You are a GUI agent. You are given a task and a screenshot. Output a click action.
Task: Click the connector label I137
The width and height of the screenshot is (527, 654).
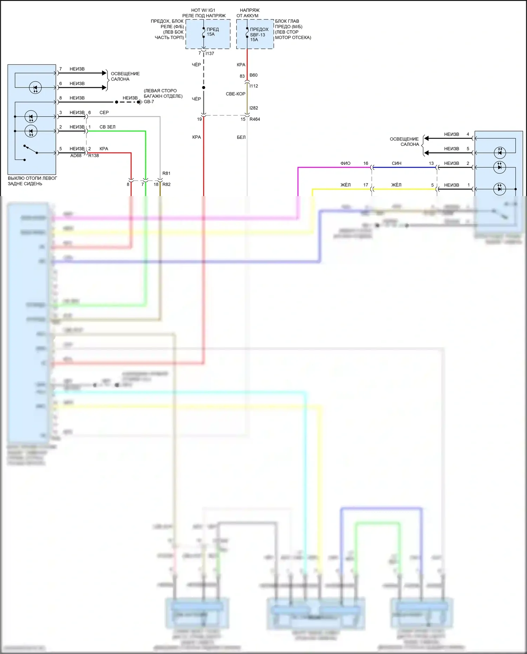pos(210,53)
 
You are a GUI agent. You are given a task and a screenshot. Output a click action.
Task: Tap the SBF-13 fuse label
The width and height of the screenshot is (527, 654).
pos(258,35)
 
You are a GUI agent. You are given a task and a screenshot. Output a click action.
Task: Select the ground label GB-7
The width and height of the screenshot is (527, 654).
pos(149,102)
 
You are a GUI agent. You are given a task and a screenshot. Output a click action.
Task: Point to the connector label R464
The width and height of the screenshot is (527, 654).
pos(255,119)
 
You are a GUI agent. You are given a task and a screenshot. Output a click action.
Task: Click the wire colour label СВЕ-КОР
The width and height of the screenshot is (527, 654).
pos(235,94)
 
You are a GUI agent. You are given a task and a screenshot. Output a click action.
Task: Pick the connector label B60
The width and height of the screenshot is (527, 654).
pos(253,75)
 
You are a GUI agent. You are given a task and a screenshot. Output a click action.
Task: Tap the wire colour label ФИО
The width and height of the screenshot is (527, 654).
pos(345,163)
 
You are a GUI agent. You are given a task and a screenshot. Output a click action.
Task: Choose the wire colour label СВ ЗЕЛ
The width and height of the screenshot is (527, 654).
pos(107,127)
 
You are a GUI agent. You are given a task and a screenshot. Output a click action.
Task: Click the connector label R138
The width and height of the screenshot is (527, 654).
pos(93,156)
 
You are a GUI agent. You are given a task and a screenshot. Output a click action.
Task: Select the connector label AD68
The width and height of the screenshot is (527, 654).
pos(76,156)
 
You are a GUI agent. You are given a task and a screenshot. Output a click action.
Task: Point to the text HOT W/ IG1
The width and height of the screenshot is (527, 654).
pos(203,10)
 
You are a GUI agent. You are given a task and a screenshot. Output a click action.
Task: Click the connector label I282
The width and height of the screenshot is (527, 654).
pos(254,108)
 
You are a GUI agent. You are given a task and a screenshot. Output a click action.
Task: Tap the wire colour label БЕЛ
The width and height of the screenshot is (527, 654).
pos(241,137)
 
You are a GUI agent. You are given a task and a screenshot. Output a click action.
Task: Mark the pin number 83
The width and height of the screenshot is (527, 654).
pos(242,76)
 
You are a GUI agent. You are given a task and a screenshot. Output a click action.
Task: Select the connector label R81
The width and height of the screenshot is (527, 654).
pos(167,173)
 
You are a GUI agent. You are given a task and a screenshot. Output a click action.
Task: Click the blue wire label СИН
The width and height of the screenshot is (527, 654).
pos(396,163)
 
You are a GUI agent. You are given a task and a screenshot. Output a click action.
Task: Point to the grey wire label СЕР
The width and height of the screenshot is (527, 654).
pos(104,112)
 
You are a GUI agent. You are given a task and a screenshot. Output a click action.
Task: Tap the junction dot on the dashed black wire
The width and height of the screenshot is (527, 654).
pos(203,88)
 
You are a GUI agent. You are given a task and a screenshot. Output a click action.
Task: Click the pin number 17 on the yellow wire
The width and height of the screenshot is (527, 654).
pos(366,185)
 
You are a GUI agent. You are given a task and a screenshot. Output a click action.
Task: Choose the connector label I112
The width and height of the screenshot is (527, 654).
pos(254,86)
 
